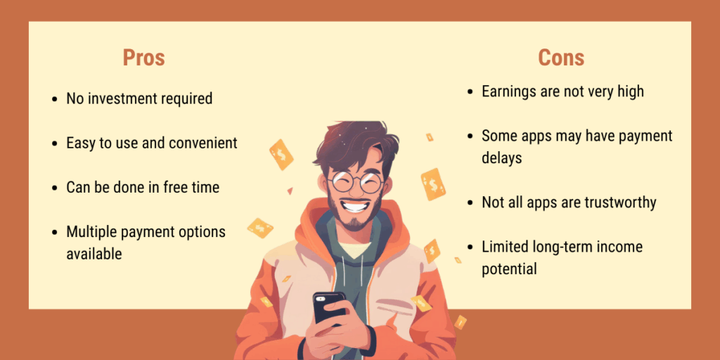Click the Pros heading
(143, 57)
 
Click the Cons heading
(561, 57)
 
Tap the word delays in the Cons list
(501, 157)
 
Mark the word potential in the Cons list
(509, 269)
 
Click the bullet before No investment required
(55, 99)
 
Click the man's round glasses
(355, 182)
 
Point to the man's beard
(355, 219)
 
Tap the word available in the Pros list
(94, 254)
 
